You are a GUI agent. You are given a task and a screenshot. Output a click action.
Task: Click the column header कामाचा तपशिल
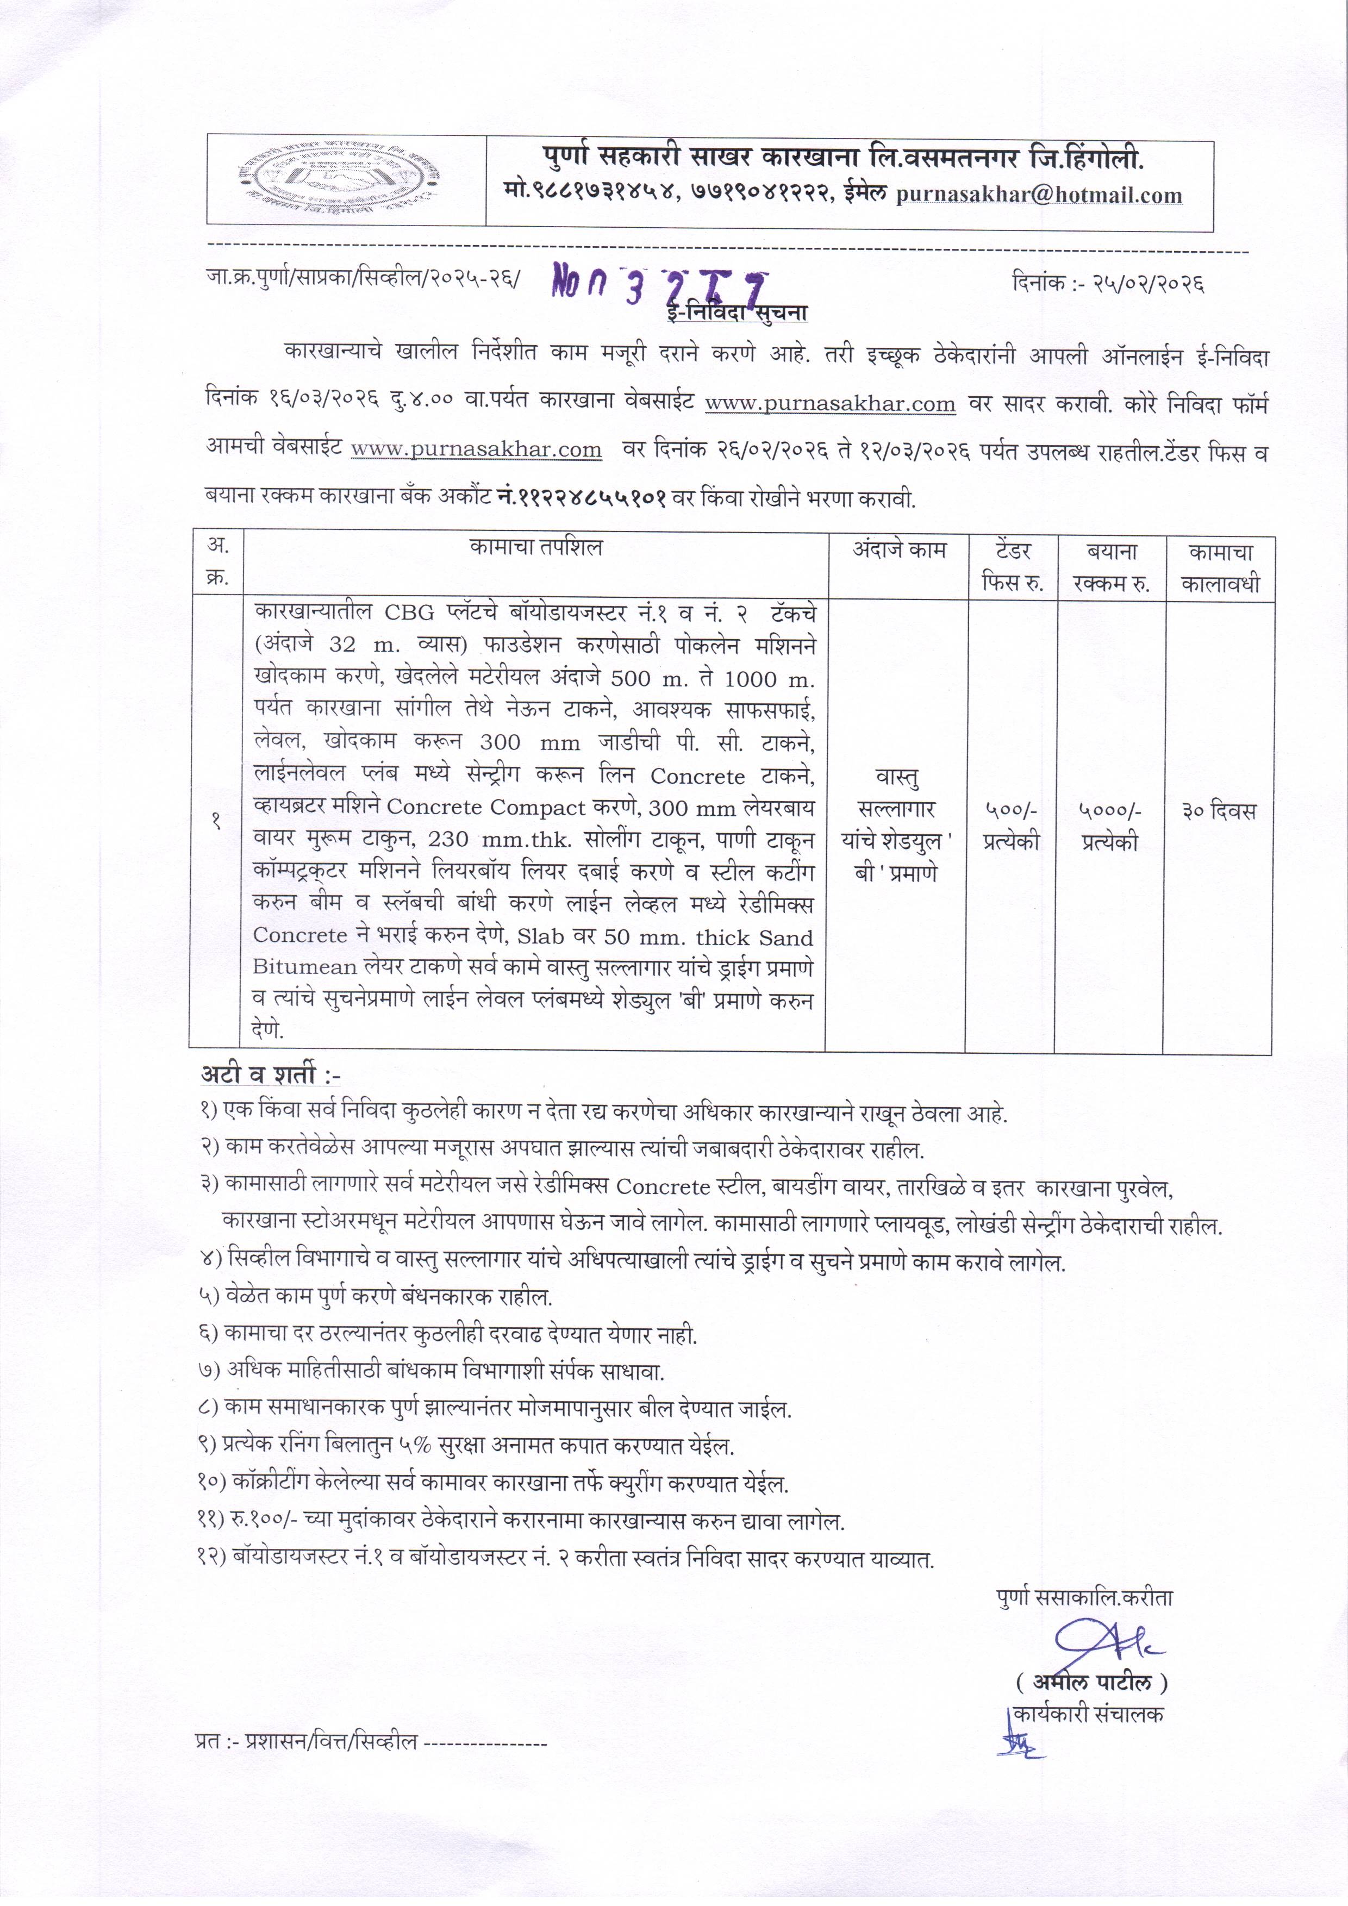click(535, 548)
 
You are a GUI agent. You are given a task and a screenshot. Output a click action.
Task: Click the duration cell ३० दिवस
click(1219, 811)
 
